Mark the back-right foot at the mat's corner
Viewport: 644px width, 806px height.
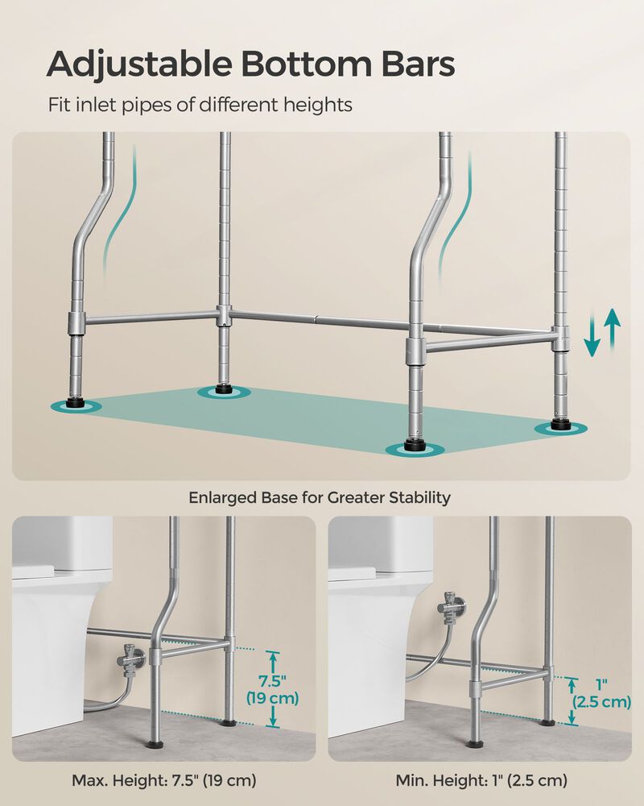pos(561,425)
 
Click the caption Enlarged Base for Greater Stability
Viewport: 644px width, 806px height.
pos(320,497)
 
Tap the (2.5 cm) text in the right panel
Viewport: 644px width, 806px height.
pos(601,702)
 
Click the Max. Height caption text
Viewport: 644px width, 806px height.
pos(163,780)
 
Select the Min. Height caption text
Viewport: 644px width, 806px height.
pos(481,780)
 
